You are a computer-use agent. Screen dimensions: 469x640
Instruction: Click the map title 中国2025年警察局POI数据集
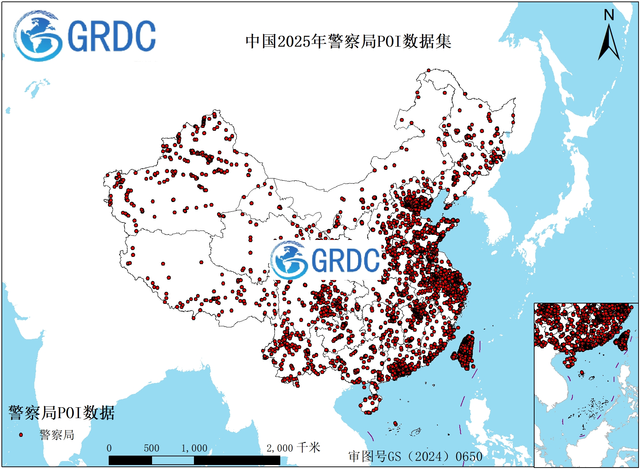(348, 41)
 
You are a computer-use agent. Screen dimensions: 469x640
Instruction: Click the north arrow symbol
(609, 43)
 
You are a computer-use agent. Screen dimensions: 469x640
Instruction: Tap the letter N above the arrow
(609, 15)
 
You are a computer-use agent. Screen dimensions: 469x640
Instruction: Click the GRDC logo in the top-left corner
(85, 36)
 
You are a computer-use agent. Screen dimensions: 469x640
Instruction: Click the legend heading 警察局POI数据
(61, 413)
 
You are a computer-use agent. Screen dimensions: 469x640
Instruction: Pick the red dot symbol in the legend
(21, 435)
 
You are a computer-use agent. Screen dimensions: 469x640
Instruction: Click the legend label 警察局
(57, 435)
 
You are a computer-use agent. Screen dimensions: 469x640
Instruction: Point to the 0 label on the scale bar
(109, 448)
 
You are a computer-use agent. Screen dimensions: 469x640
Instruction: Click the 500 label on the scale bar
(151, 448)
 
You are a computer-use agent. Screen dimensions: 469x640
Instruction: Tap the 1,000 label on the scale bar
(194, 448)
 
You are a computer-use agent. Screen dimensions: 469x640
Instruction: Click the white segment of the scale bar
(173, 460)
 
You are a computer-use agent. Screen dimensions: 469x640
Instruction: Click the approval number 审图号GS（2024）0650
(415, 456)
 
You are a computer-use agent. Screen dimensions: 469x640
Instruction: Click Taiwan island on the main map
(465, 352)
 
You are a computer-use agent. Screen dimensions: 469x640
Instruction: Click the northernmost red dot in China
(428, 70)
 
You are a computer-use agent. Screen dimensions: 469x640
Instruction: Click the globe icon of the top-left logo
(38, 36)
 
